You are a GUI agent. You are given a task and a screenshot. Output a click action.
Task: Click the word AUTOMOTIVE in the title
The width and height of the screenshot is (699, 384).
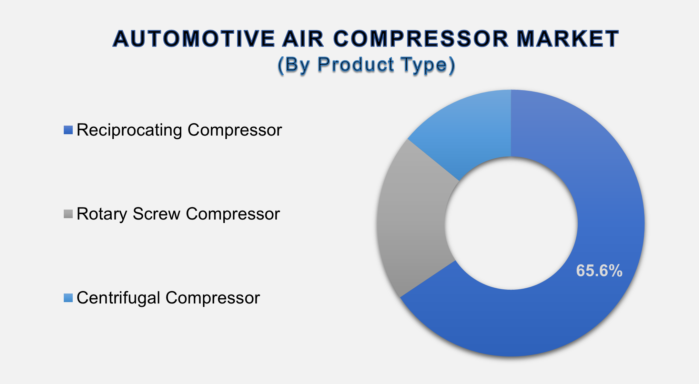click(194, 39)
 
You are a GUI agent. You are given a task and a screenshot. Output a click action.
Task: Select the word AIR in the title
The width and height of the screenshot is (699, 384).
click(303, 39)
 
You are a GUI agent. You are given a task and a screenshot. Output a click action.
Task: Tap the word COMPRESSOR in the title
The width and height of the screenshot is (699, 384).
click(421, 39)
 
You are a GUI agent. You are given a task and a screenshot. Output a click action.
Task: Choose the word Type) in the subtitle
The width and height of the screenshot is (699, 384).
click(428, 64)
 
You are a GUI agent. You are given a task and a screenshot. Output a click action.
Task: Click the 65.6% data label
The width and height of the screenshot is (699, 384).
click(599, 271)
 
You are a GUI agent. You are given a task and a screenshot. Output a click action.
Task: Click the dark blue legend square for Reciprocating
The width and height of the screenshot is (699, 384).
click(68, 130)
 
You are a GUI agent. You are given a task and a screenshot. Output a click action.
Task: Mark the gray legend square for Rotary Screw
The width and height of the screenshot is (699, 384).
click(68, 214)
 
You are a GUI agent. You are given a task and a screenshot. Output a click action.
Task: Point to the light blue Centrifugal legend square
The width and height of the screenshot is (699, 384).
click(68, 298)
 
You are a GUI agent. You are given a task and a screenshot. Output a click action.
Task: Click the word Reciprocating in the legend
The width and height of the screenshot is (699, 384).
click(129, 130)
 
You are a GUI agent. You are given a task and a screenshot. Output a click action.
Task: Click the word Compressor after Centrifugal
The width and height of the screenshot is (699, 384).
click(213, 298)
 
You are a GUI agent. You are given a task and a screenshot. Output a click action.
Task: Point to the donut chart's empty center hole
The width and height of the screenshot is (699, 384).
click(511, 223)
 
